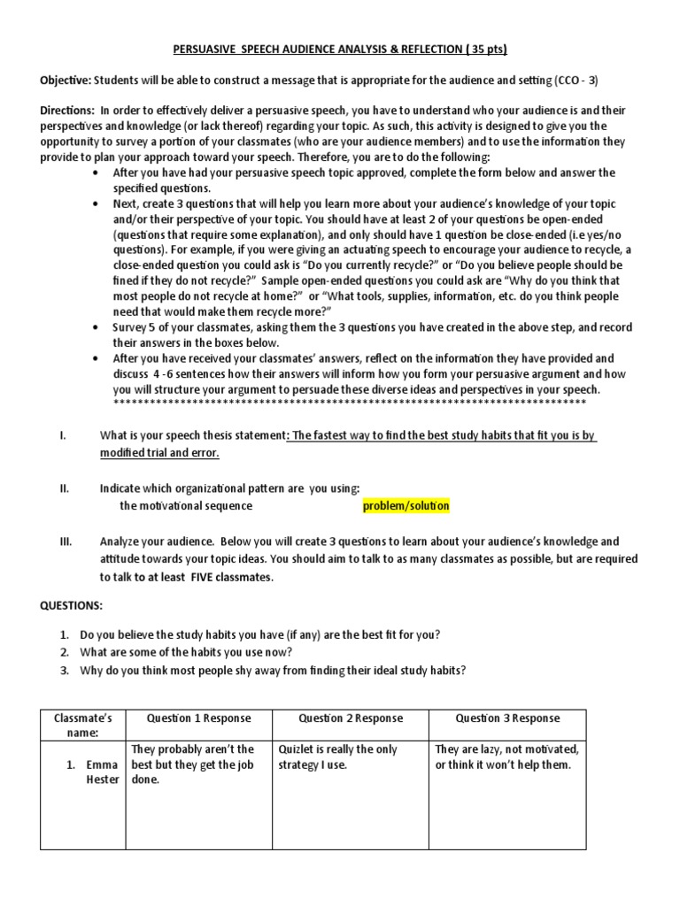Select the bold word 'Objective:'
pyautogui.click(x=65, y=79)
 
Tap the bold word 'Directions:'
pyautogui.click(x=67, y=111)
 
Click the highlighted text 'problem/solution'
pyautogui.click(x=406, y=506)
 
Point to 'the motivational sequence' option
pyautogui.click(x=186, y=506)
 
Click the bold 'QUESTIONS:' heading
pyautogui.click(x=72, y=605)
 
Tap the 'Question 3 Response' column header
pyautogui.click(x=507, y=718)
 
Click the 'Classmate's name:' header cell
pyautogui.click(x=81, y=726)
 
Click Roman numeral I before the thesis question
pyautogui.click(x=61, y=436)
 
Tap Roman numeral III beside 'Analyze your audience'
pyautogui.click(x=66, y=541)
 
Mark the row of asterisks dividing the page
pyautogui.click(x=350, y=403)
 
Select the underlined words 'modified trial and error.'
pyautogui.click(x=158, y=453)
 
